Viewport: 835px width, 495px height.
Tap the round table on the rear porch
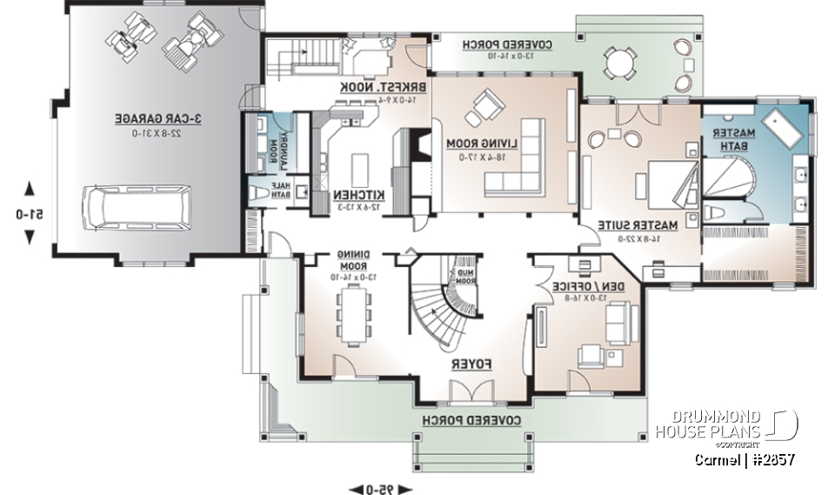click(618, 63)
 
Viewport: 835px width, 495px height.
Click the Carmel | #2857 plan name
click(745, 459)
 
